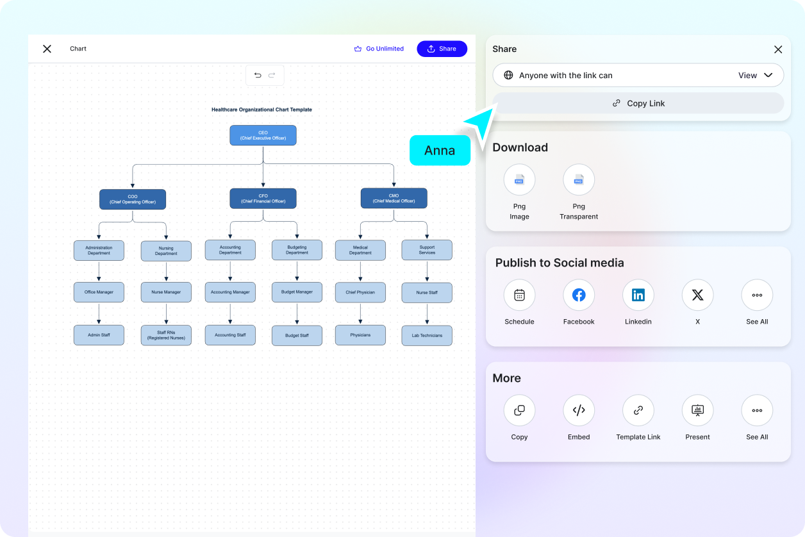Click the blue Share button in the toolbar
pos(442,49)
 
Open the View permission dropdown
pos(755,75)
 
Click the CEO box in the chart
pos(263,135)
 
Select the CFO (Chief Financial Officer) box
pos(263,199)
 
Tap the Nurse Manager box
pos(166,292)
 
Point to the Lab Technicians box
pos(427,335)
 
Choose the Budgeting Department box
pos(297,250)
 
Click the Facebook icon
pos(579,295)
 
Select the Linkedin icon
pos(638,295)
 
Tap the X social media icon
pos(697,295)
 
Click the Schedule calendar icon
pos(519,295)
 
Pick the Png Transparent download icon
pos(579,180)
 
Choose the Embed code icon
pos(579,410)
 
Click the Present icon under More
pos(697,410)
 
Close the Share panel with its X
pos(778,49)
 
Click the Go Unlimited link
pos(379,49)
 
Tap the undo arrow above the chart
pos(258,75)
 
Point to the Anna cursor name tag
pos(440,151)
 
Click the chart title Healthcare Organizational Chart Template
pos(261,110)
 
